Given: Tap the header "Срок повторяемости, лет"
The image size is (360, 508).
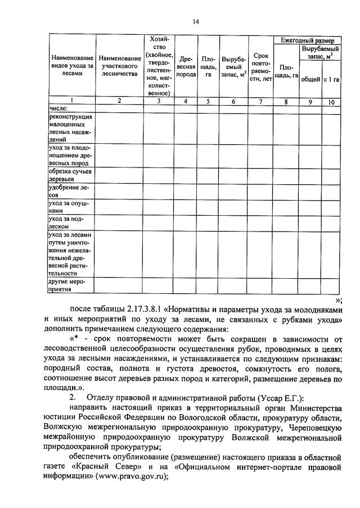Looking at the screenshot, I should [x=260, y=67].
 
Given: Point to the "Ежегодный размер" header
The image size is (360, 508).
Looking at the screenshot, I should [x=307, y=40].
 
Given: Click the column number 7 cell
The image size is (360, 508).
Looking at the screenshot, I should [x=260, y=101].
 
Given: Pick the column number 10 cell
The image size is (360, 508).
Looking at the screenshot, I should [x=331, y=102].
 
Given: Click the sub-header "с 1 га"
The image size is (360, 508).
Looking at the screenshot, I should [x=331, y=79].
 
